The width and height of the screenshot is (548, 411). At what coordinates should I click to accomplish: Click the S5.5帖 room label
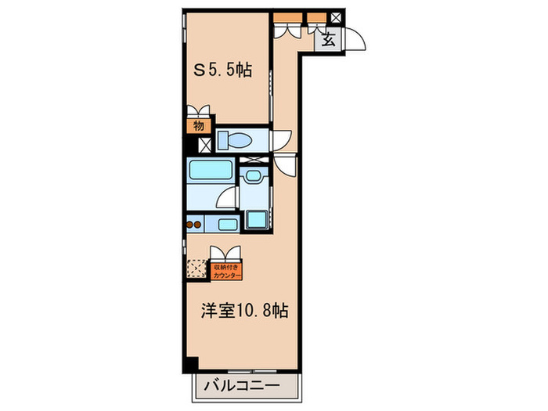tap(223, 70)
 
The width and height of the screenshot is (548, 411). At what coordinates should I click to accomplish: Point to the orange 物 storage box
tap(199, 124)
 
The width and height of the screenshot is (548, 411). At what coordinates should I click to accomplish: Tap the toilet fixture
tap(235, 141)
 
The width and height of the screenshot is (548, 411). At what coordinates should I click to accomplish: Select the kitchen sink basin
tap(228, 225)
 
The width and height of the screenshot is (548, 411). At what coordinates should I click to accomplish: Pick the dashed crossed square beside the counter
tap(196, 269)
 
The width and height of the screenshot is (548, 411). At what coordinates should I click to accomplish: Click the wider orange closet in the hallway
tap(287, 16)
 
